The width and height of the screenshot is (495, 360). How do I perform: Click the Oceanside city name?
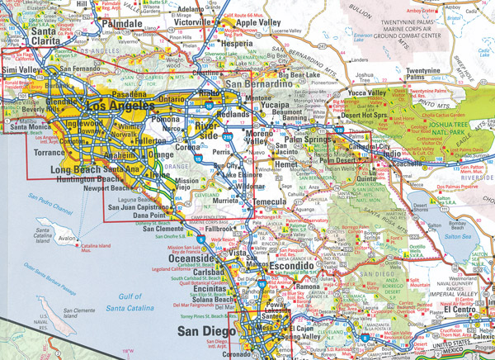pyautogui.click(x=199, y=257)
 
